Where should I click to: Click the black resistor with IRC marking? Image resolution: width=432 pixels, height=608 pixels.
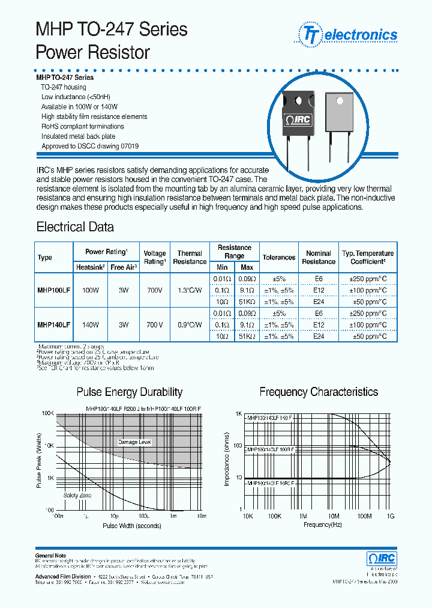point(298,120)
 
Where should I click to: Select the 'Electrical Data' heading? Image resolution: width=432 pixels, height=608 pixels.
point(75,227)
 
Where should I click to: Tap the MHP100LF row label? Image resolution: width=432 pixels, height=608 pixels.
point(54,290)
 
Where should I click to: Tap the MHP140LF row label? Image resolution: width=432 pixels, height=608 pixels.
point(54,325)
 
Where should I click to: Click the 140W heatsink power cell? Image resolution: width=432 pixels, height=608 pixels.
point(91,325)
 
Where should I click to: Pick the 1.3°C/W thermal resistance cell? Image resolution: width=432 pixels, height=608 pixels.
point(190,290)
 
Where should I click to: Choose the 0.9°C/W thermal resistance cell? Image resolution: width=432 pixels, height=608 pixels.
point(190,325)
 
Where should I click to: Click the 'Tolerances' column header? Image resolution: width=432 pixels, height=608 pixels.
point(279,257)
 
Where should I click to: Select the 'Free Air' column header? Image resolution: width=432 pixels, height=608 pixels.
point(124,267)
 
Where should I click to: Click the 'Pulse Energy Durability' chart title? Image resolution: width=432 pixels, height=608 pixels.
point(129,392)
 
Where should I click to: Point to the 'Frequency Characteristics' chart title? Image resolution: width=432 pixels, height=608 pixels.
point(319,392)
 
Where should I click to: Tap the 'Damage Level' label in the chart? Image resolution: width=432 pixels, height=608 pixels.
point(134,442)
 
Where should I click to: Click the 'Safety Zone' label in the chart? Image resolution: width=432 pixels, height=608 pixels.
point(77,496)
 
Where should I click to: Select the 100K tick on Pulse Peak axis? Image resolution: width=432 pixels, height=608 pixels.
point(47,415)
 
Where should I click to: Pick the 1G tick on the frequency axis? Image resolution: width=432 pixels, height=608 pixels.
point(391,516)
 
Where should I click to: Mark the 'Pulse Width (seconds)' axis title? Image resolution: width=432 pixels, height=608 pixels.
point(131,526)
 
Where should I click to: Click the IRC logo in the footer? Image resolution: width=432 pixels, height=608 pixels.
point(382,558)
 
